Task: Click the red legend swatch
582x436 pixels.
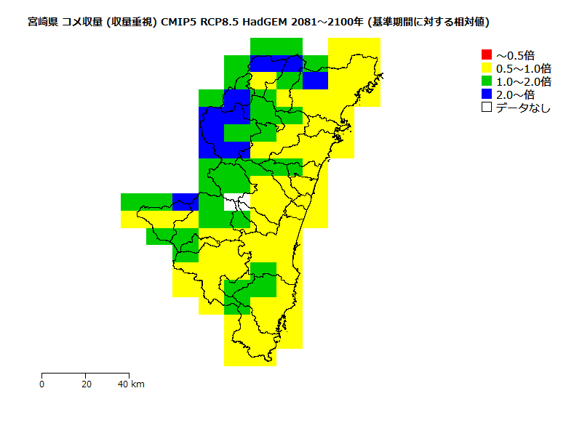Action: (487, 54)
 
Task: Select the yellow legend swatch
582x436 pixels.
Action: (487, 68)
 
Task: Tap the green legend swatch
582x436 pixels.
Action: (487, 81)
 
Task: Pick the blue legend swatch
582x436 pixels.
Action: (487, 94)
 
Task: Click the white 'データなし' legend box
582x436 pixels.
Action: (487, 108)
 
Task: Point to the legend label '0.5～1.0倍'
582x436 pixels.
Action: (523, 68)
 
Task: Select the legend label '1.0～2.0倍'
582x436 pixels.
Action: (523, 81)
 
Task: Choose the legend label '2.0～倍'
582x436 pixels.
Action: (515, 94)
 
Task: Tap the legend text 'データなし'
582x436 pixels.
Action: (523, 108)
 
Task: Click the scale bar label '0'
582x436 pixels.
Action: (42, 384)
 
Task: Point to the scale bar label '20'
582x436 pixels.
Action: (86, 384)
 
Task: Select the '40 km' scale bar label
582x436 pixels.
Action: (132, 384)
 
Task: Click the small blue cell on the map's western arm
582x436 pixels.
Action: (186, 201)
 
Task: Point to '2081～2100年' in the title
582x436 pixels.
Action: (328, 22)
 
